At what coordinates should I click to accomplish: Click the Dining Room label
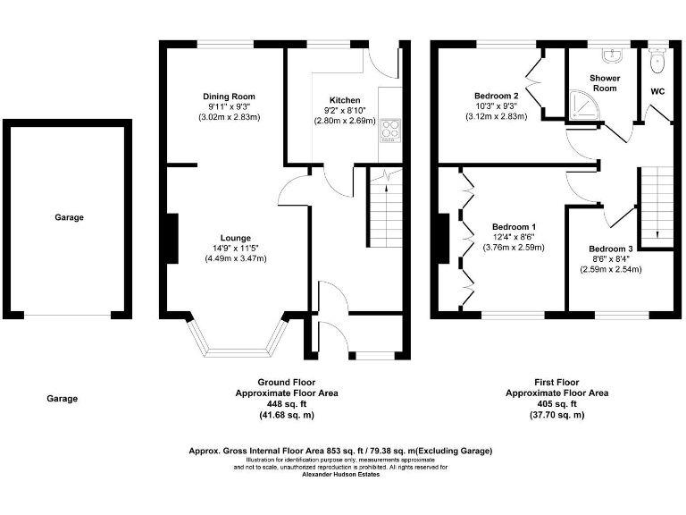[229, 97]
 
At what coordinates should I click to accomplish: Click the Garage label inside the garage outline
[68, 217]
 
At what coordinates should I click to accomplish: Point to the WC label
[657, 91]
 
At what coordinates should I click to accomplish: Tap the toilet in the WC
[658, 60]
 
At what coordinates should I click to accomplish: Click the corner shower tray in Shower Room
[584, 107]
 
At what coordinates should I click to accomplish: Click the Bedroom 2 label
[496, 96]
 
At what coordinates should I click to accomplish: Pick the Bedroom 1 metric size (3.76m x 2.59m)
[513, 248]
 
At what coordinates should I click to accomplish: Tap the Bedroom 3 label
[610, 249]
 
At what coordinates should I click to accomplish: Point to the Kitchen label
[344, 100]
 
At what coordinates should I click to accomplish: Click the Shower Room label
[605, 83]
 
